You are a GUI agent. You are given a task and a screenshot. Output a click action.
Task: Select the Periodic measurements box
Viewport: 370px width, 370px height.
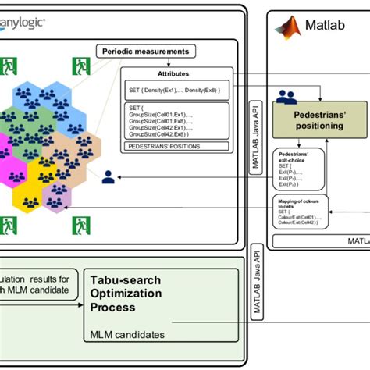tap(145, 52)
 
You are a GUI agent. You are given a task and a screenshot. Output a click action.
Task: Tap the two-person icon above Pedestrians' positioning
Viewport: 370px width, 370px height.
tap(287, 97)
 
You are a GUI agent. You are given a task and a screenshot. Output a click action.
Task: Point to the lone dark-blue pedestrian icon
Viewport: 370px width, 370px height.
tap(109, 177)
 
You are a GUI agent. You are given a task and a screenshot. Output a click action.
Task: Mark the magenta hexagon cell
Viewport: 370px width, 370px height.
tap(4, 156)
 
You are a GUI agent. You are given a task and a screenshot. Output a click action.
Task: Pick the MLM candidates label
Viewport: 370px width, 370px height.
tap(127, 334)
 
